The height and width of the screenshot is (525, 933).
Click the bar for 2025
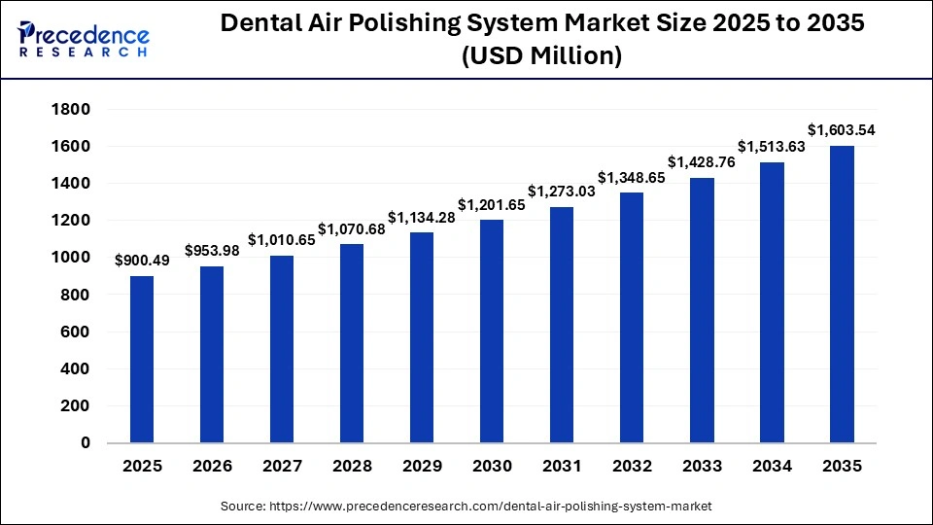[142, 359]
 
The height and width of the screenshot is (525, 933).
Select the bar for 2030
[492, 331]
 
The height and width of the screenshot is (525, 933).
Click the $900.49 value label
[142, 260]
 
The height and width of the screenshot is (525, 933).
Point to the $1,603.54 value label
[842, 129]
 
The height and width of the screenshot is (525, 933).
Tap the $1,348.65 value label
[632, 177]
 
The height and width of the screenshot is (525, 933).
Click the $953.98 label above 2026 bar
[212, 250]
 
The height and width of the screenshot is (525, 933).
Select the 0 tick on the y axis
[86, 443]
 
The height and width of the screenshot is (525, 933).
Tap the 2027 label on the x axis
[282, 467]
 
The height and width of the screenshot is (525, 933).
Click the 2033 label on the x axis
[702, 467]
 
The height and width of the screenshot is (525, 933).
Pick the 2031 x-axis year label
[562, 467]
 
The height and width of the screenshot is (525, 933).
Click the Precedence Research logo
[84, 40]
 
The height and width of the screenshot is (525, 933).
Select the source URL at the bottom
[466, 507]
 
